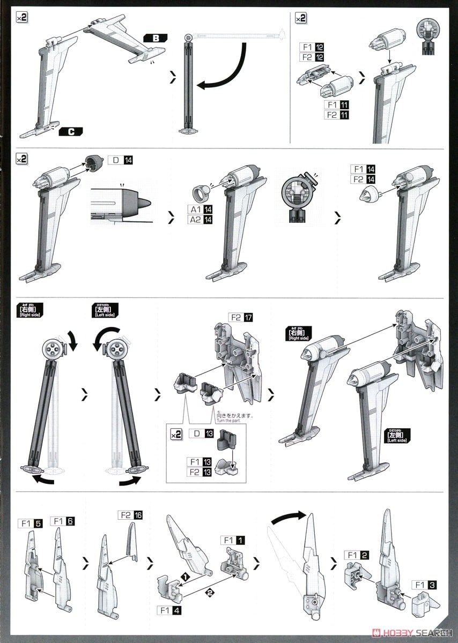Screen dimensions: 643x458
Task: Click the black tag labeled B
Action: pos(156,38)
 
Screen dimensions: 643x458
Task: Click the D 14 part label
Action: pos(120,160)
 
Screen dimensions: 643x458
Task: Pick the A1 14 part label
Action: pos(200,210)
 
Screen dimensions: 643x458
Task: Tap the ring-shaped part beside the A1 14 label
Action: pos(200,192)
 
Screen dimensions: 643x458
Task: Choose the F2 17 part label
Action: pos(240,317)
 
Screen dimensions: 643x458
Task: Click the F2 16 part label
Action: pos(130,514)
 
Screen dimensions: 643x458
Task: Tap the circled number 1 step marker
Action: pos(184,574)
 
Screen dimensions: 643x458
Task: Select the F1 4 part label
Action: pos(171,610)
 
